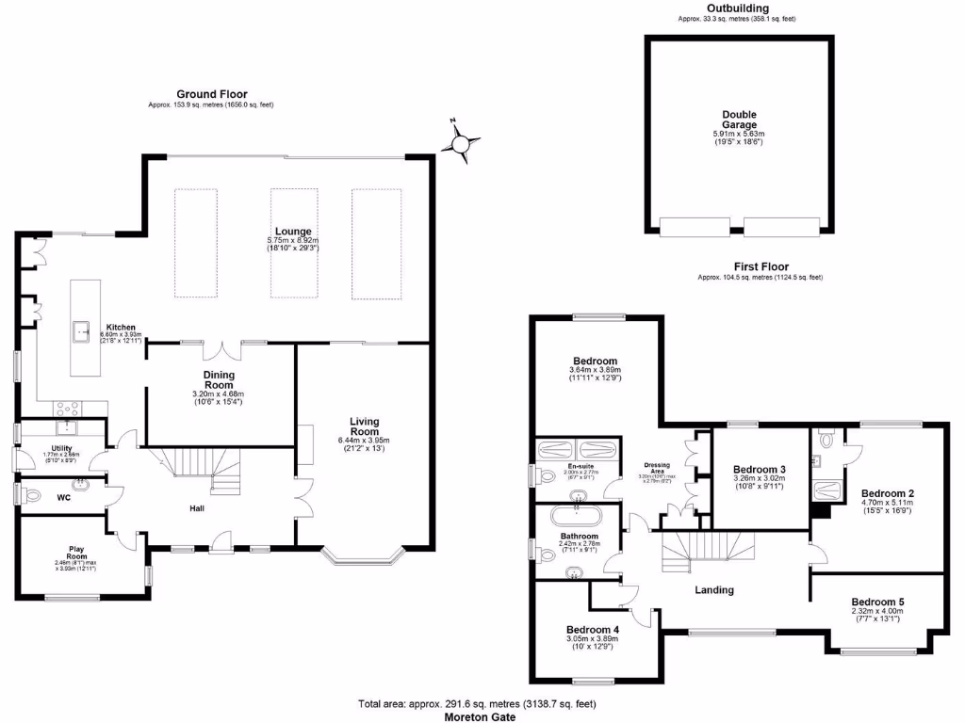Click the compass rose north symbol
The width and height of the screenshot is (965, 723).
tap(461, 144)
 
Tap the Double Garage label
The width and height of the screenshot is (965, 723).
tap(739, 120)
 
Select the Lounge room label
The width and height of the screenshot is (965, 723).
tap(293, 232)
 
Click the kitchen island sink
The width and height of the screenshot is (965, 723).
tap(83, 330)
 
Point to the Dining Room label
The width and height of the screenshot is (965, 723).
tap(218, 379)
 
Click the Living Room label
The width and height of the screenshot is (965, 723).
tap(364, 426)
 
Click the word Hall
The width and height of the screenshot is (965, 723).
tap(196, 508)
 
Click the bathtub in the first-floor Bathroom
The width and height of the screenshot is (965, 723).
tap(574, 515)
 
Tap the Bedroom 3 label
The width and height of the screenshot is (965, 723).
tap(760, 470)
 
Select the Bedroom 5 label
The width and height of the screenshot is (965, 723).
tap(877, 602)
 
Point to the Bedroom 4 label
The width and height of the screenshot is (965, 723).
tap(593, 630)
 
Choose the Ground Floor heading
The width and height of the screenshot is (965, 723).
tap(211, 94)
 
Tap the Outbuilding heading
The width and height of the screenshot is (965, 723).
tap(738, 8)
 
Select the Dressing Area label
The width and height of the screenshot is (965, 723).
tap(657, 466)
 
